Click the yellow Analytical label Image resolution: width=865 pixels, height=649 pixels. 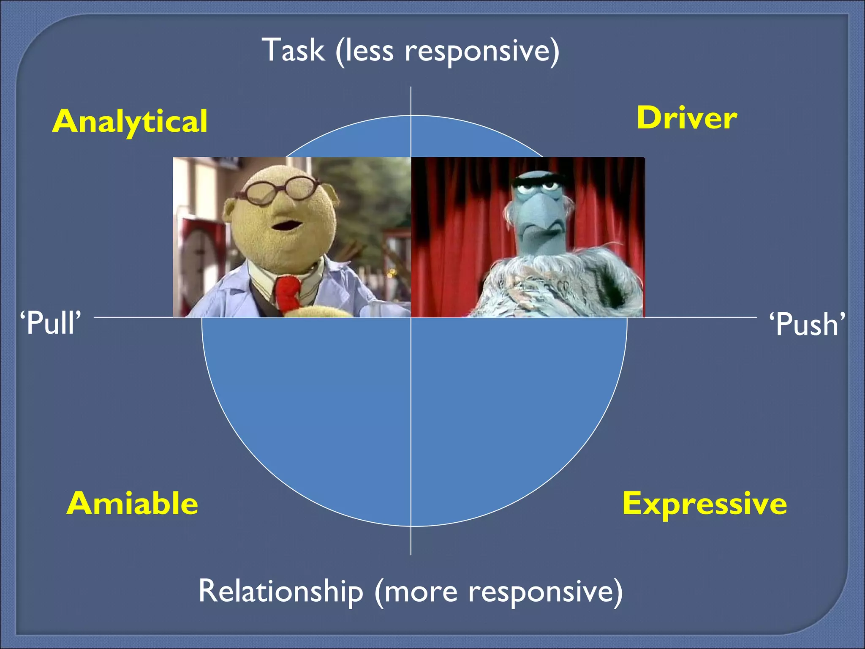(x=130, y=121)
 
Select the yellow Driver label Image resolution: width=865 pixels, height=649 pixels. (x=687, y=118)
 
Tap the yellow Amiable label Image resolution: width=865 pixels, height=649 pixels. (x=132, y=504)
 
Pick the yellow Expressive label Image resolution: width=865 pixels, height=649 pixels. (x=705, y=504)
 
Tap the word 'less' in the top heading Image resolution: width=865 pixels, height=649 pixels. (x=370, y=51)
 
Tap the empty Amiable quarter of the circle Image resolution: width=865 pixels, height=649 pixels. (x=321, y=401)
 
